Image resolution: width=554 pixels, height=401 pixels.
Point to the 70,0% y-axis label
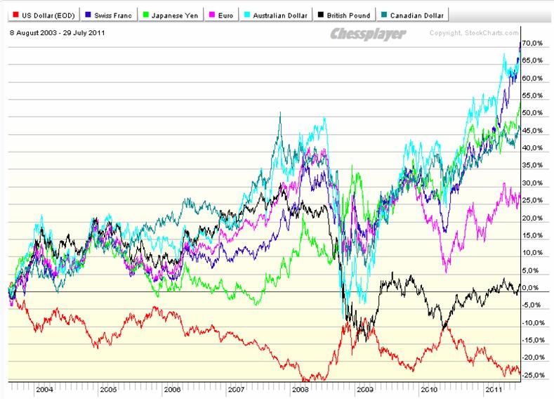point(535,44)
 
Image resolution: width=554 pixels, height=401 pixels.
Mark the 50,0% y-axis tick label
point(535,113)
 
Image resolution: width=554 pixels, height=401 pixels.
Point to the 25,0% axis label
point(535,200)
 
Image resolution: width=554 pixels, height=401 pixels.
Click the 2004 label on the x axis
point(44,388)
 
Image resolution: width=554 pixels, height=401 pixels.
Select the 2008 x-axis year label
point(300,388)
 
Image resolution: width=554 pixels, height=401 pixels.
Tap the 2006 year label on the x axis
point(172,388)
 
